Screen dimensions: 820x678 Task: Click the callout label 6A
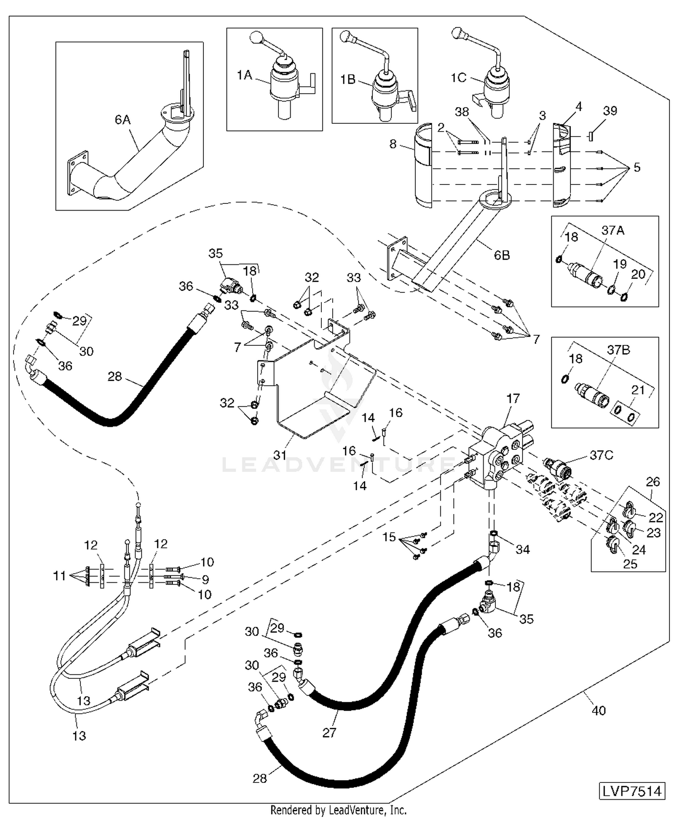tap(122, 120)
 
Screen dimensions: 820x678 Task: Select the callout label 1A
tap(244, 75)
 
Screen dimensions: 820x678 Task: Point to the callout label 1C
tap(458, 78)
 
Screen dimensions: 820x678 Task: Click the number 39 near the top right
tap(610, 111)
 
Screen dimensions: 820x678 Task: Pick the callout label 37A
tap(612, 231)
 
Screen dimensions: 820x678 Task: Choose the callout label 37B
tap(618, 350)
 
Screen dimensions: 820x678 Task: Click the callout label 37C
tap(601, 455)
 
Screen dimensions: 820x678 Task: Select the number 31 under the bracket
tap(280, 455)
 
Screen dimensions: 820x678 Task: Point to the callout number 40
tap(598, 711)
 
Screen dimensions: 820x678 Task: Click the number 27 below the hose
tap(329, 732)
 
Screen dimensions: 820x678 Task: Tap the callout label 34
tap(523, 549)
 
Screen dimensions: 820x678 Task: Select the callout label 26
tap(653, 482)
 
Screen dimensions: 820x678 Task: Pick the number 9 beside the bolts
tap(205, 579)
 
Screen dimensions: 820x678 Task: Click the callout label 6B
tap(502, 255)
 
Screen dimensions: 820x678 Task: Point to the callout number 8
tap(393, 144)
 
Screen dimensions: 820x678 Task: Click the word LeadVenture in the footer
tap(365, 810)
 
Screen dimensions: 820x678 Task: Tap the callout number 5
tap(637, 168)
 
